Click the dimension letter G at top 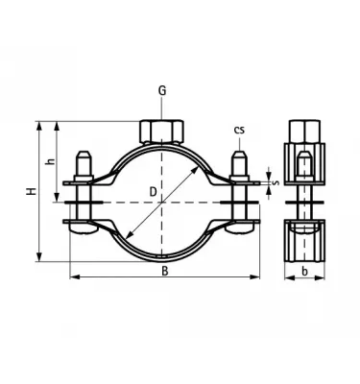pyautogui.click(x=162, y=91)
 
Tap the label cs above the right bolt pyautogui.click(x=239, y=130)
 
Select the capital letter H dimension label pyautogui.click(x=32, y=191)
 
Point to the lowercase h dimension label pyautogui.click(x=50, y=162)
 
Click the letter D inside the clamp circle pyautogui.click(x=154, y=192)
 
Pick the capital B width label pyautogui.click(x=165, y=271)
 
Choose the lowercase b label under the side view pyautogui.click(x=304, y=272)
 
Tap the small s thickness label pyautogui.click(x=276, y=182)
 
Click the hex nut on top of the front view pyautogui.click(x=161, y=132)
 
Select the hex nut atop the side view pyautogui.click(x=304, y=132)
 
